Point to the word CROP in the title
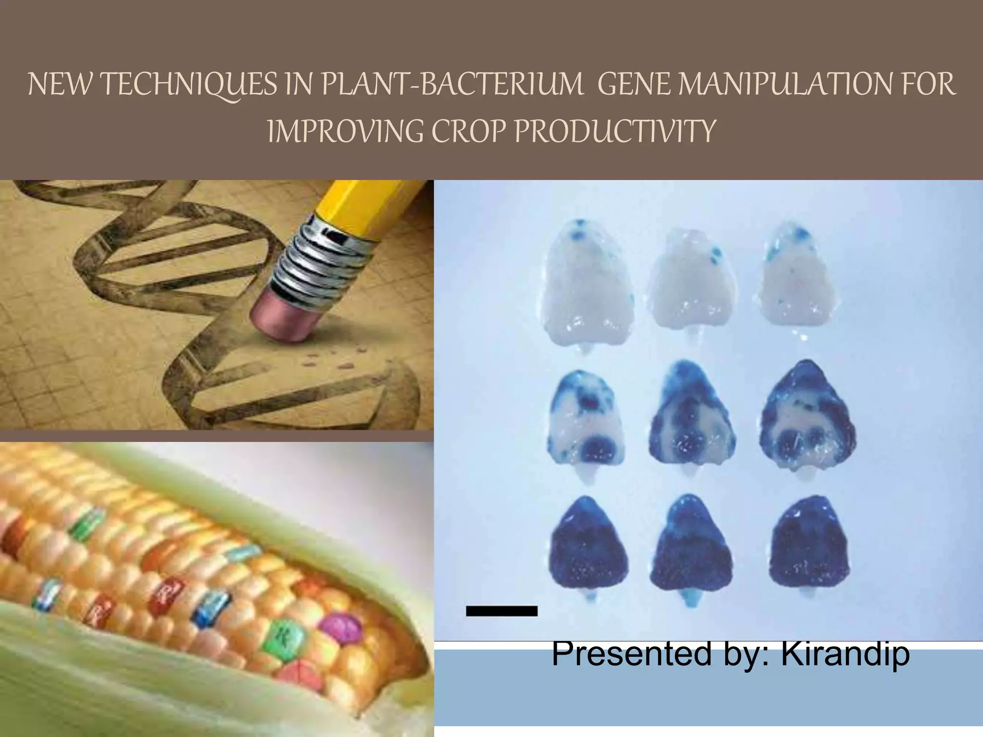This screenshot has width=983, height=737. [x=464, y=131]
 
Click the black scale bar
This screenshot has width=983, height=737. [x=502, y=611]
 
